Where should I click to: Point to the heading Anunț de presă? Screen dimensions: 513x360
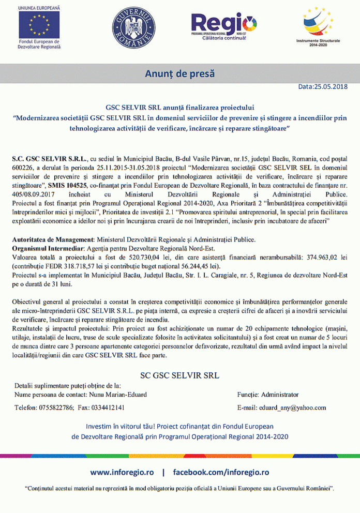[179, 73]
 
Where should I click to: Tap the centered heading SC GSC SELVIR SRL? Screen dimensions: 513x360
[179, 374]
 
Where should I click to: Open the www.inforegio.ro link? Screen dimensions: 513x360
[122, 472]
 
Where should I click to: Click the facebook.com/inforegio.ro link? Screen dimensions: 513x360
[221, 472]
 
